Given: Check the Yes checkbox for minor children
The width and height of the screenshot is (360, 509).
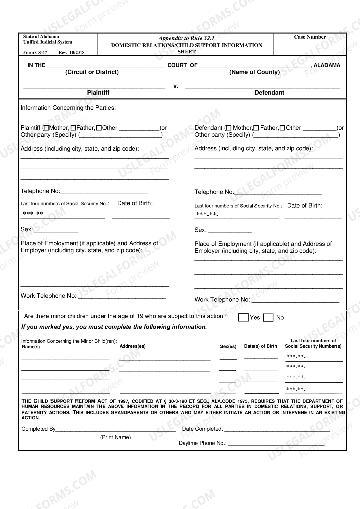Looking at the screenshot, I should pos(243,317).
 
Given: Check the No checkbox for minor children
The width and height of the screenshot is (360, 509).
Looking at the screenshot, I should pos(268,318).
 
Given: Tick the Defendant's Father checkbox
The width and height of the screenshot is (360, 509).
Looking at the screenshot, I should pos(256,128).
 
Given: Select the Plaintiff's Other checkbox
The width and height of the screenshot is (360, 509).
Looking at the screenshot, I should pos(99,128).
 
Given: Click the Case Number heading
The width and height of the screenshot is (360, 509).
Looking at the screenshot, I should pos(310,37).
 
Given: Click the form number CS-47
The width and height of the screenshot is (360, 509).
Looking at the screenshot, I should pos(35,53).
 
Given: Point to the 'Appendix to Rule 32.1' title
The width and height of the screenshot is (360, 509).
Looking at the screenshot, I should pos(186,38).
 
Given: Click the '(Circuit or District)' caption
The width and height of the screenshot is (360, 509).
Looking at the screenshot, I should pos(92,72).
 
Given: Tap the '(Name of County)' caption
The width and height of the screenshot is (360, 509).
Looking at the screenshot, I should pos(254,72).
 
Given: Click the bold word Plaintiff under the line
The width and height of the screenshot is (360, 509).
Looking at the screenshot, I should pos(98,93).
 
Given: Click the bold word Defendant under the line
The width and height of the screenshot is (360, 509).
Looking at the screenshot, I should pos(269,93).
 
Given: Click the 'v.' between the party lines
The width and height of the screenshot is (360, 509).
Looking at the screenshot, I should pos(176,86).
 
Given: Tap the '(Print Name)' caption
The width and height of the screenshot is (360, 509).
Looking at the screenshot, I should pos(115,437).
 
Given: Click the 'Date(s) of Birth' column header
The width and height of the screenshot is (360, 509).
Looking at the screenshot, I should pos(260,346).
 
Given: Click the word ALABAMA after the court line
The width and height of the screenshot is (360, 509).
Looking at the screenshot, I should pos(327,65).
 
